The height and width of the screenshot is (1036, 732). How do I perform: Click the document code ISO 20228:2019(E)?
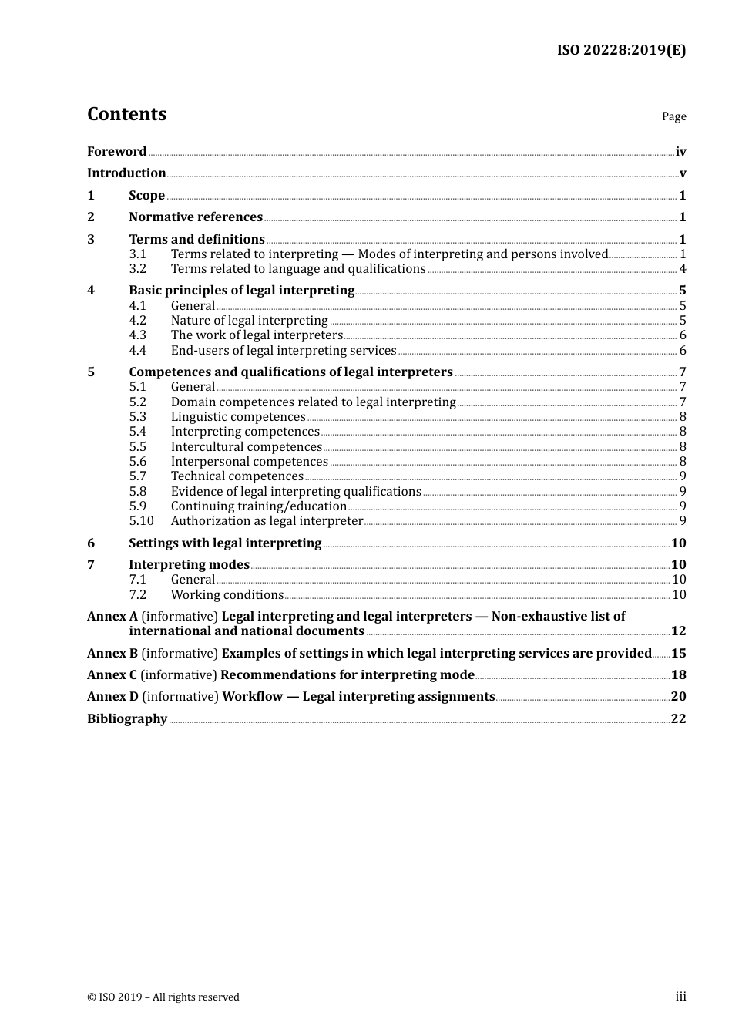(621, 50)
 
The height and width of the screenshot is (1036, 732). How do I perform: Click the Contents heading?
(126, 114)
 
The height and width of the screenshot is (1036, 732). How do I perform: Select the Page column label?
(673, 116)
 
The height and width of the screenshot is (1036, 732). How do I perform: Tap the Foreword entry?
(116, 152)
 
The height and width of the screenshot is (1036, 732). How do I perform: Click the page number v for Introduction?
(682, 173)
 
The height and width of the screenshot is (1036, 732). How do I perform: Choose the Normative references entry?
(196, 217)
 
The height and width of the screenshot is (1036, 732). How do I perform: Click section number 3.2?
(137, 269)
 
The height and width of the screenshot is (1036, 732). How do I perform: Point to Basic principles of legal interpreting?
(241, 291)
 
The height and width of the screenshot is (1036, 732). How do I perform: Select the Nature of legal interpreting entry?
(249, 321)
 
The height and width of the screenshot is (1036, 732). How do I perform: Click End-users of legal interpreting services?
(283, 351)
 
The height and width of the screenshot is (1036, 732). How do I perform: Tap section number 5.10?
(141, 521)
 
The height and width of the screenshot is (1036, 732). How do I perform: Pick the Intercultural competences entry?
(246, 447)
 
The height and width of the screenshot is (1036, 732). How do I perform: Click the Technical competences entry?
(237, 476)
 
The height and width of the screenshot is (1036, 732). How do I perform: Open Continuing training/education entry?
(258, 506)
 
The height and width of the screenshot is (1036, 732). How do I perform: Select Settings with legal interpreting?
(225, 543)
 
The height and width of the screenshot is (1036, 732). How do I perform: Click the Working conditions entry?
(227, 595)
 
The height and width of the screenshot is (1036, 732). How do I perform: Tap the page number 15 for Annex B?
(678, 654)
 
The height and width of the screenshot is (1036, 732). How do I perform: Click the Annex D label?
(112, 697)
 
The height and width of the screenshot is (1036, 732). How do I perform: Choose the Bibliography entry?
(127, 719)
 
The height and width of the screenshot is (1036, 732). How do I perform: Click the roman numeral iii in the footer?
(680, 997)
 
